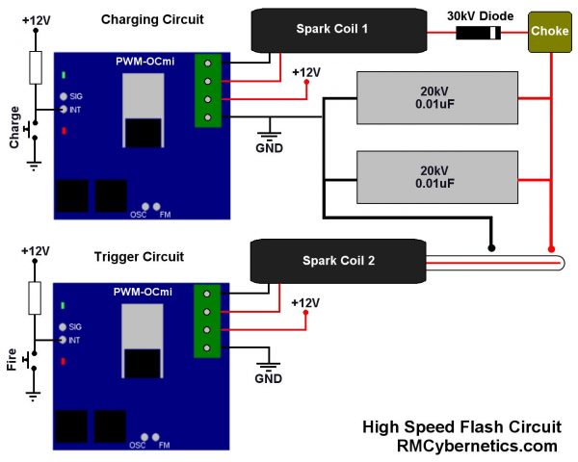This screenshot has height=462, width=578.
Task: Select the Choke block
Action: coord(549,32)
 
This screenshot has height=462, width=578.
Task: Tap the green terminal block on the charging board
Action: coord(209,90)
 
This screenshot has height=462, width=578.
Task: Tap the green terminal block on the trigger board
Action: coord(209,321)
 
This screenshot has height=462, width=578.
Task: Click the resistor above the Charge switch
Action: coord(35,67)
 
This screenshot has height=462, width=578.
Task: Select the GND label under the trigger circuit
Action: coord(268,378)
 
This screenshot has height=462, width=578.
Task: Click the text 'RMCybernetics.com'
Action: coord(477,446)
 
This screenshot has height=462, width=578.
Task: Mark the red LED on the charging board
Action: coord(64,130)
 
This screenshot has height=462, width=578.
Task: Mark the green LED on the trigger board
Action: coord(64,305)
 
